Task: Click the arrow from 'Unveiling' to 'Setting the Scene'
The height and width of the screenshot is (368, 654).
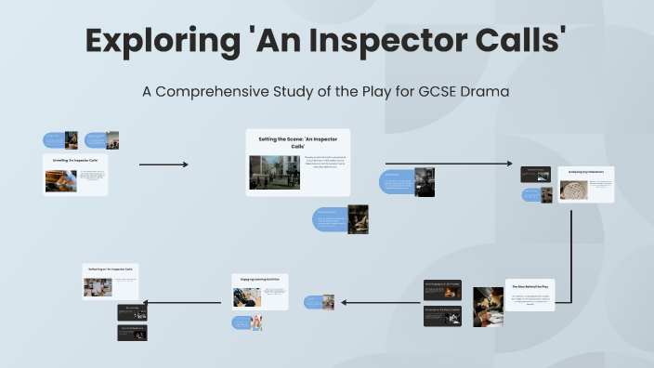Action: click(x=163, y=164)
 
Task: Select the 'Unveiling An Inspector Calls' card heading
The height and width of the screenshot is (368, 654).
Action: click(x=75, y=161)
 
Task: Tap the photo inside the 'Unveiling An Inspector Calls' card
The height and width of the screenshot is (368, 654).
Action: click(x=60, y=180)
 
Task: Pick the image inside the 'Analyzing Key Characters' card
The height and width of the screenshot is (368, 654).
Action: click(x=572, y=190)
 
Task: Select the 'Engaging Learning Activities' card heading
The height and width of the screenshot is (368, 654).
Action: click(x=259, y=278)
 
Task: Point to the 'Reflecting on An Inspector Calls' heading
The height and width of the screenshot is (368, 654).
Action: click(x=110, y=269)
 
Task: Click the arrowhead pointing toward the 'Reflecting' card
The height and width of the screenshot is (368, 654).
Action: click(x=147, y=302)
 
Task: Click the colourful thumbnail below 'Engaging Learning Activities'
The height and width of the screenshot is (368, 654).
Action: click(x=255, y=322)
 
